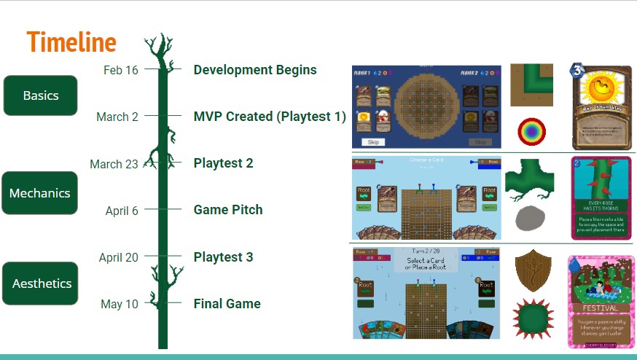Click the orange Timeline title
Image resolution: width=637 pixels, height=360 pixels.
click(x=71, y=42)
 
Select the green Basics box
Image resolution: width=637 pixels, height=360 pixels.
click(x=40, y=95)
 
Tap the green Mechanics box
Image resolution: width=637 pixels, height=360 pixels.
click(x=39, y=193)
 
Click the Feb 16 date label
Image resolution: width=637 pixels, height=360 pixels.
click(x=120, y=70)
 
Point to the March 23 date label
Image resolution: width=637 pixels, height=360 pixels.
click(x=114, y=164)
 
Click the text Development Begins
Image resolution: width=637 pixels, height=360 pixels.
click(x=255, y=70)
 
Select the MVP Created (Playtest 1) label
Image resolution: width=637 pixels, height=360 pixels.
click(x=270, y=117)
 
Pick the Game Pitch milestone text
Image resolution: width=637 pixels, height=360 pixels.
click(x=228, y=210)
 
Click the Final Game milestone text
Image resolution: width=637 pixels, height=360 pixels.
click(x=227, y=304)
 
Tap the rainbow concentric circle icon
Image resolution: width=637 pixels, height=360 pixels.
click(x=531, y=131)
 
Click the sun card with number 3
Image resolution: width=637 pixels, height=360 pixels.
click(x=602, y=106)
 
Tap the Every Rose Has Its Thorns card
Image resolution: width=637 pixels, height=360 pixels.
click(x=601, y=197)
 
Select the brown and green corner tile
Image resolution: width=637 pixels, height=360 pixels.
click(x=531, y=85)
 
